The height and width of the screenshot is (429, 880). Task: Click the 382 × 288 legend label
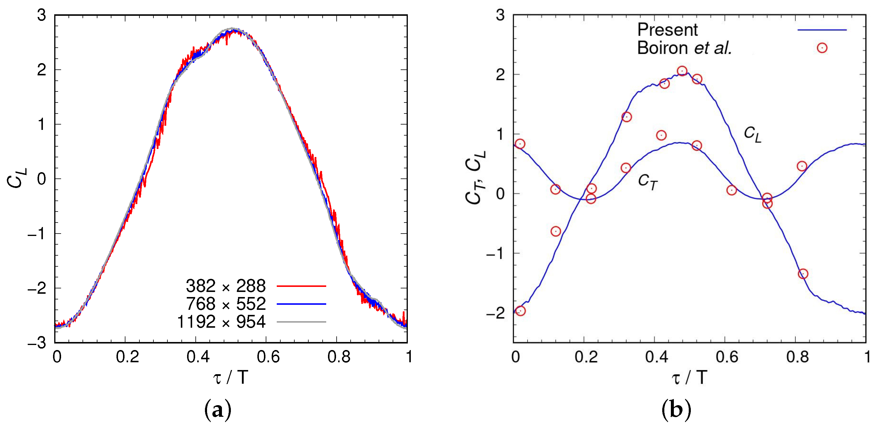point(226,286)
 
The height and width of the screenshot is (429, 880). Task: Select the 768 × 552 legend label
point(226,304)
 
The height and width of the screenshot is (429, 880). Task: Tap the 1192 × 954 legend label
point(221,322)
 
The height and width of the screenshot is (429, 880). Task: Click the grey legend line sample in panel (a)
point(301,322)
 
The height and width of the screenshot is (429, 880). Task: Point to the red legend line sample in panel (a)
point(301,286)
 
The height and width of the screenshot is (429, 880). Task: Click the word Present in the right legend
point(667,30)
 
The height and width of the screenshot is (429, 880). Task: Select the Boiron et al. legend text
point(684,48)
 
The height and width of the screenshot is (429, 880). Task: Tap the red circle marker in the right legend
point(822,48)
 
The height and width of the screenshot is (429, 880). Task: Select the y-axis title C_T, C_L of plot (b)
point(475,178)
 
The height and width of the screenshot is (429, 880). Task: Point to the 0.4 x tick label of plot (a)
point(198,357)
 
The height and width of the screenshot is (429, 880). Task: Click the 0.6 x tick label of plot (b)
point(727,357)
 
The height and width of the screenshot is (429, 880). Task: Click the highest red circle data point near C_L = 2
point(682,71)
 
